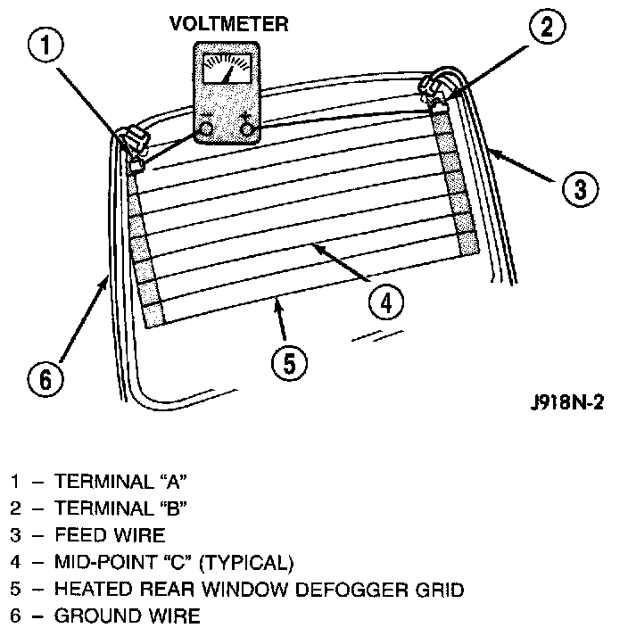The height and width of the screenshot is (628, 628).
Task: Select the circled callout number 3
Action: (578, 188)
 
